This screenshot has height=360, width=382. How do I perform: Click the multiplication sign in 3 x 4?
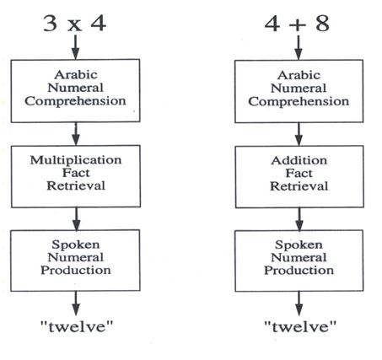click(x=74, y=25)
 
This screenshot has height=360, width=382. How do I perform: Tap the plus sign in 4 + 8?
click(x=297, y=24)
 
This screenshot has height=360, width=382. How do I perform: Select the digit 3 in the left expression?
click(x=51, y=24)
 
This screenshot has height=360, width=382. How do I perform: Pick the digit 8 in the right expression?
click(x=322, y=24)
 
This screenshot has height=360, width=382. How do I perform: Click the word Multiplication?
click(x=76, y=160)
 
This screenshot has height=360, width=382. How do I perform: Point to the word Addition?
click(x=299, y=160)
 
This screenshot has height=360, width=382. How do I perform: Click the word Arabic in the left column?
click(x=76, y=75)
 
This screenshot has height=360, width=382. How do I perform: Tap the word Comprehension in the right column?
click(x=299, y=101)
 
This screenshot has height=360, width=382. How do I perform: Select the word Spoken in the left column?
click(x=76, y=244)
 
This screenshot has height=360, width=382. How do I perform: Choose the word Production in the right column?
click(x=299, y=271)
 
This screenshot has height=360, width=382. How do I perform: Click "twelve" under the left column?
click(x=77, y=326)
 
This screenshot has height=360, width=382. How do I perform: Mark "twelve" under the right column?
click(x=300, y=326)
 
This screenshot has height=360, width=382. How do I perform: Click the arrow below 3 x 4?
click(x=75, y=47)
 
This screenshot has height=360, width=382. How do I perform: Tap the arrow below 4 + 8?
click(x=299, y=47)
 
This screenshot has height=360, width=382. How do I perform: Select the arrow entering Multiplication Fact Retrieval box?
click(x=76, y=134)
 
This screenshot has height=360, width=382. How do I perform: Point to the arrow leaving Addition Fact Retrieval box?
click(x=299, y=219)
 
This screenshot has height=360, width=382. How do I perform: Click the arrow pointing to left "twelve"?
click(x=76, y=303)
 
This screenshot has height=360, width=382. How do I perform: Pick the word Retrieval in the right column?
click(x=299, y=186)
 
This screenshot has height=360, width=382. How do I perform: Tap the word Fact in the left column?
click(x=76, y=173)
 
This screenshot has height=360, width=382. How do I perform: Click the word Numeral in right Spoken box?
click(x=299, y=257)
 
